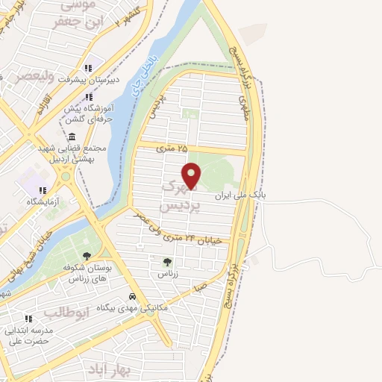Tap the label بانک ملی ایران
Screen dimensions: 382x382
coord(239,195)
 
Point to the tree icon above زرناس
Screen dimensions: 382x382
coord(166,262)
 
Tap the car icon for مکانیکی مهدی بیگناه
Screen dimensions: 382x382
coord(132,295)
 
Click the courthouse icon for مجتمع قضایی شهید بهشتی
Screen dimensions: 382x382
coord(71,137)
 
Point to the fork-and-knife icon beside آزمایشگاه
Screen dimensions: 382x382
coord(43,190)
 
